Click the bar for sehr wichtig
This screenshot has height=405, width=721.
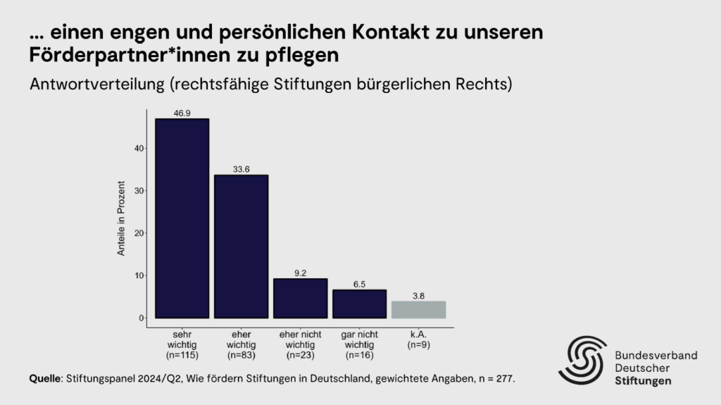(182, 218)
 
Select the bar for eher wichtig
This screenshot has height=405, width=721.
(241, 247)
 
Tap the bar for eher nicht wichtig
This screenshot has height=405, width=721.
(300, 298)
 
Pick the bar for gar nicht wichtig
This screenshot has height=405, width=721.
(359, 304)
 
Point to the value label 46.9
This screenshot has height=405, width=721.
(182, 113)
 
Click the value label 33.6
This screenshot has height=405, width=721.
(242, 169)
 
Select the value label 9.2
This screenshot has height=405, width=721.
(301, 273)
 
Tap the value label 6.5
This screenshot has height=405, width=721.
(359, 284)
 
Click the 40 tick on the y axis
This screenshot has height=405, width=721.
(139, 149)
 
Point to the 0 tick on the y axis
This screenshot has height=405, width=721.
(142, 318)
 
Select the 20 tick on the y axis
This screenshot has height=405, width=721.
(139, 233)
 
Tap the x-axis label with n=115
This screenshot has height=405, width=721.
(182, 345)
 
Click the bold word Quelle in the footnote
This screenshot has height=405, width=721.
(45, 379)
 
